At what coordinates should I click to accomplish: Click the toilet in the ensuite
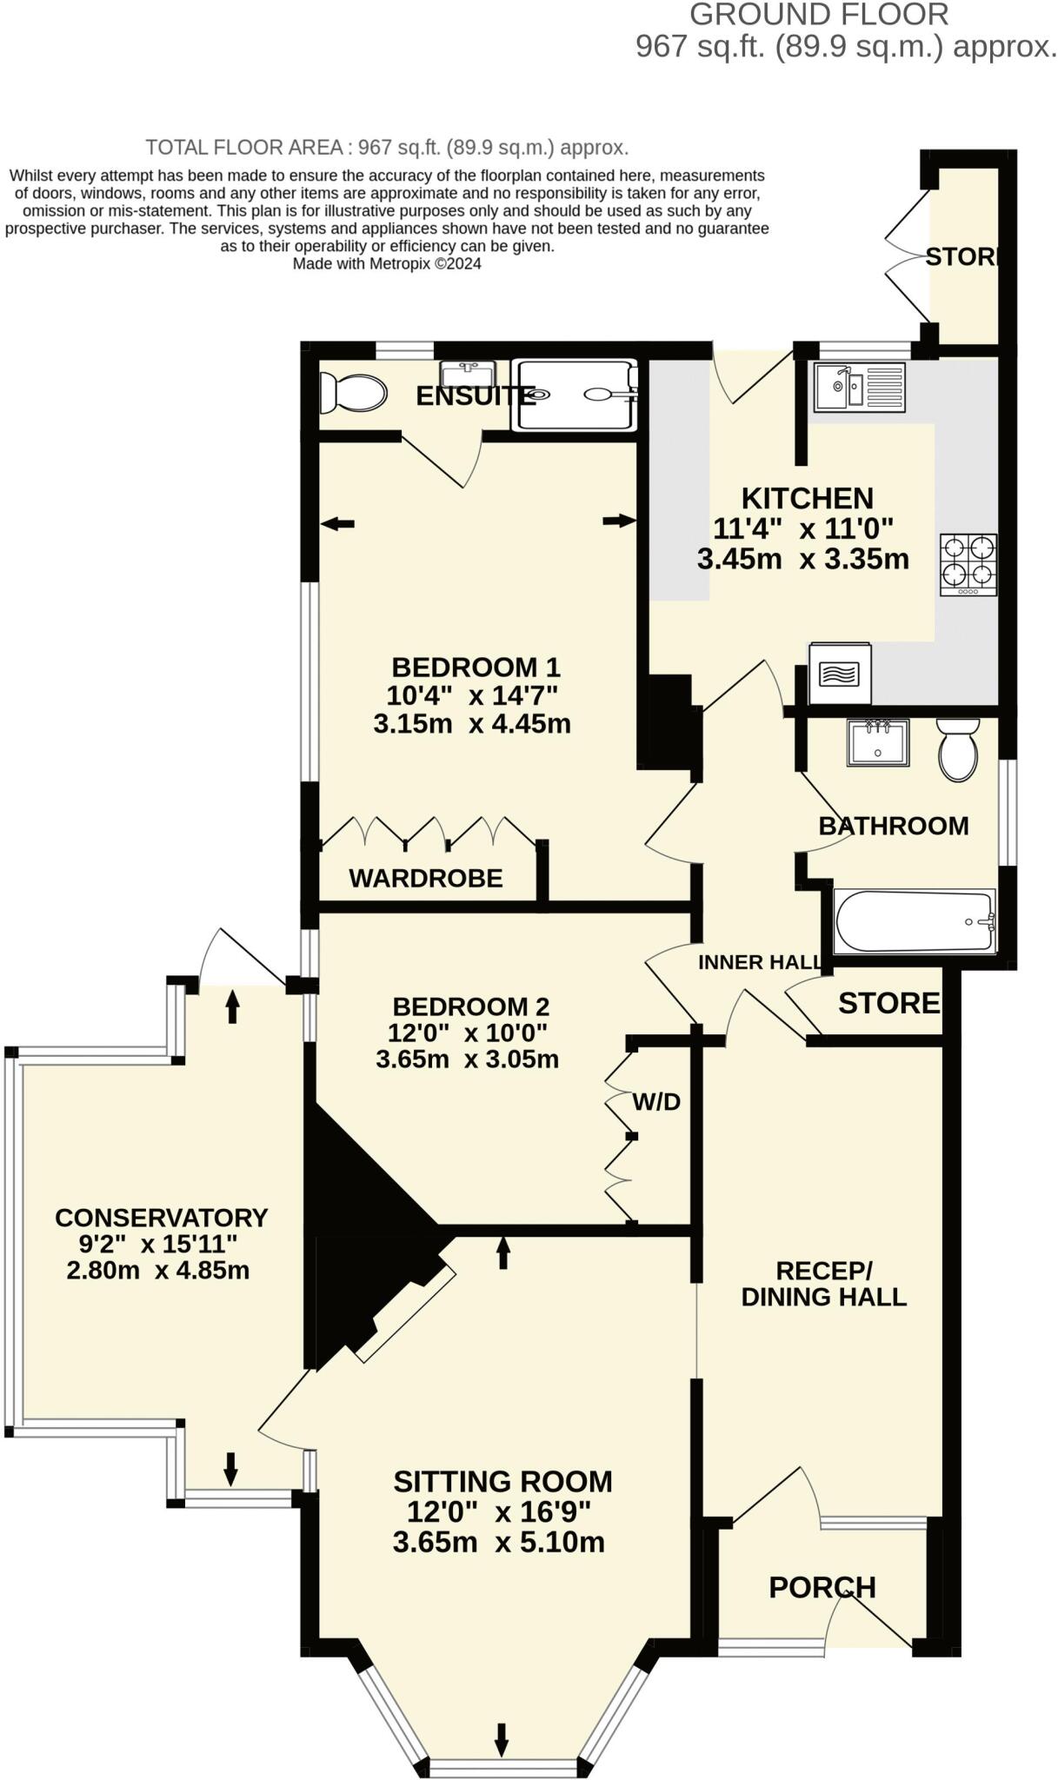[352, 394]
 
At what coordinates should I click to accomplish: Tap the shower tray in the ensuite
[575, 395]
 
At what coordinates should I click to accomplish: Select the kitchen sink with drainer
[860, 388]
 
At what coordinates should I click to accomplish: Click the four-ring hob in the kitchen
[968, 564]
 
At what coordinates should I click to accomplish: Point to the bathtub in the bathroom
[914, 920]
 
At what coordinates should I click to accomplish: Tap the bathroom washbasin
[878, 742]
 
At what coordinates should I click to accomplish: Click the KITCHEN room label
[807, 498]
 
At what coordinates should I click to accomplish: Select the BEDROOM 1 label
[476, 667]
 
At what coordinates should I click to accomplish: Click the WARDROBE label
[426, 878]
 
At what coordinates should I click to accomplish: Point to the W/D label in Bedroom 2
[656, 1102]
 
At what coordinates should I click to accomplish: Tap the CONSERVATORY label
[161, 1218]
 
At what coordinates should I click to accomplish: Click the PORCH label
[822, 1587]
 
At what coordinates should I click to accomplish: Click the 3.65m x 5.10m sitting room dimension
[498, 1542]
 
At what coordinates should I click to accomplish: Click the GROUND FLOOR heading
[818, 15]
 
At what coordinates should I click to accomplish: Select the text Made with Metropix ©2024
[387, 264]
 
